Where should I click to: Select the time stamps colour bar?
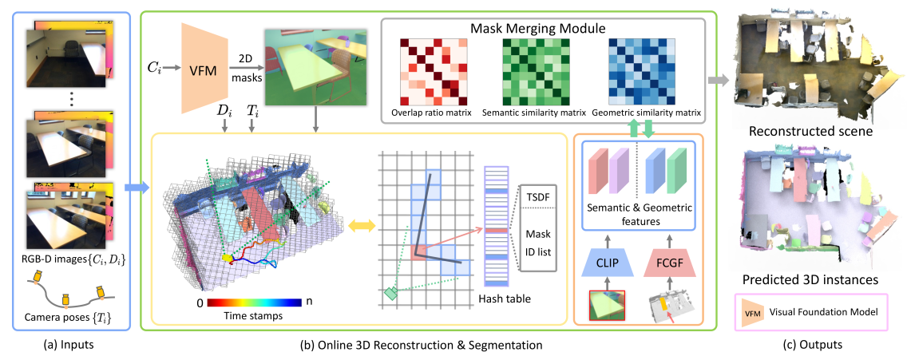click(x=254, y=304)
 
